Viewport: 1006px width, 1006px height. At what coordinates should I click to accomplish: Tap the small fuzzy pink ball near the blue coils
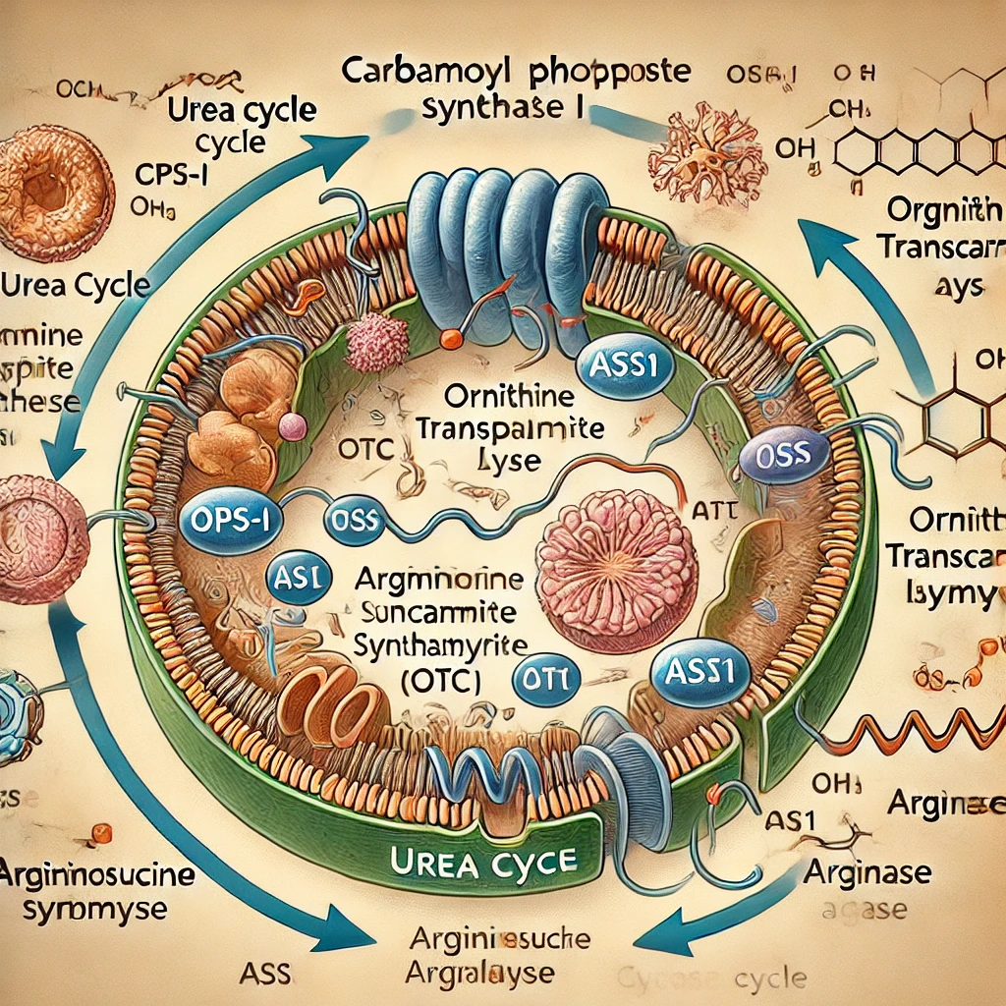pos(377,342)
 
